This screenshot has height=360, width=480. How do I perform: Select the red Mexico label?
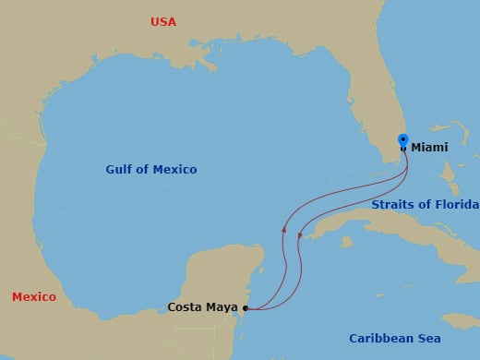click(x=33, y=296)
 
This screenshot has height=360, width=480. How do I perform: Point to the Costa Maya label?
click(x=202, y=307)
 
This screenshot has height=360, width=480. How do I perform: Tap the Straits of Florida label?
click(x=425, y=204)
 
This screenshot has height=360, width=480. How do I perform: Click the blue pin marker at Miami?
click(x=403, y=141)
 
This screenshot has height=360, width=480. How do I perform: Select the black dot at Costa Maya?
click(x=246, y=308)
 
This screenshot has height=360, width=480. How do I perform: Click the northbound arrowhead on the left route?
click(x=283, y=228)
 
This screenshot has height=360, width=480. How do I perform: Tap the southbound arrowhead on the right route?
click(x=300, y=236)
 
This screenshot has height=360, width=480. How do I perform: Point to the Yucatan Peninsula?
click(x=217, y=268)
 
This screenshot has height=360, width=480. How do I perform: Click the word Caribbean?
click(x=380, y=339)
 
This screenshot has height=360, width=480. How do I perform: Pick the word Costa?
click(x=185, y=307)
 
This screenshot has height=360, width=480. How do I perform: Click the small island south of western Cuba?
click(x=345, y=244)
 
